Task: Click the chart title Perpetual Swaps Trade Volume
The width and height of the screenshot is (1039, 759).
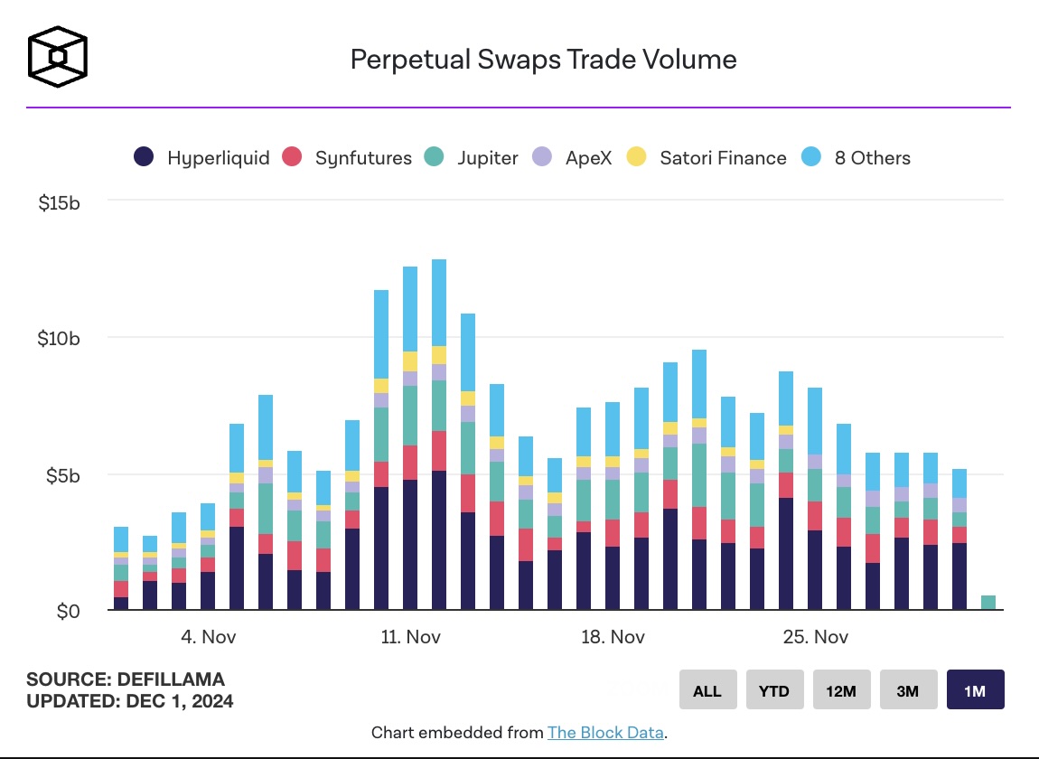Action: pyautogui.click(x=543, y=60)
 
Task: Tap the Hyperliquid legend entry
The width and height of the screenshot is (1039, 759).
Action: pyautogui.click(x=201, y=158)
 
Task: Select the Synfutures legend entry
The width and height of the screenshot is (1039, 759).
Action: pyautogui.click(x=349, y=158)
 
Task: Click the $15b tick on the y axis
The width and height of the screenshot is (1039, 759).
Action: pyautogui.click(x=60, y=203)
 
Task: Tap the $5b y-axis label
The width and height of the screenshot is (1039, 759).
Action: pyautogui.click(x=63, y=476)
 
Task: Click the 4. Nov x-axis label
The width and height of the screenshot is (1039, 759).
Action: pyautogui.click(x=208, y=637)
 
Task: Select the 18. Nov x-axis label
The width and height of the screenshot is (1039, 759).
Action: pyautogui.click(x=613, y=637)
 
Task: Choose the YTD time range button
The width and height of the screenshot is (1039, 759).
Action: pyautogui.click(x=774, y=691)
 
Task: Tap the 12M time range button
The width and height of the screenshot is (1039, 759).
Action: pyautogui.click(x=841, y=691)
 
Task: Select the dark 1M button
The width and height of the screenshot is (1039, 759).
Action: pyautogui.click(x=975, y=691)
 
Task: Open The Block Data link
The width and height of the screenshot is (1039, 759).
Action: pyautogui.click(x=605, y=732)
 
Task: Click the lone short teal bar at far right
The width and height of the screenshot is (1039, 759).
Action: pyautogui.click(x=988, y=603)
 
